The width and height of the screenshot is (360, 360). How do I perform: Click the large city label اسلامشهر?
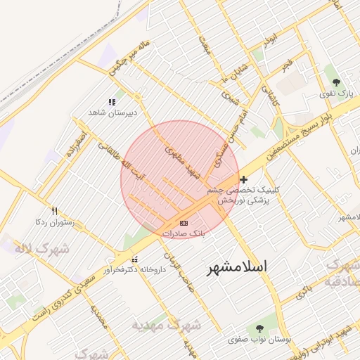tap(238, 267)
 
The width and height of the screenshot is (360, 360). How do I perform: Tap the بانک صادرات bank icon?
tap(184, 223)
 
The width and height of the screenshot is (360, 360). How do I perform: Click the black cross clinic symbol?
tap(244, 180)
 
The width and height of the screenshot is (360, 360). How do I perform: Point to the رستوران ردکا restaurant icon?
tap(55, 210)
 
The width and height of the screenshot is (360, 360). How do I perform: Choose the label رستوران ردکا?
tap(53, 221)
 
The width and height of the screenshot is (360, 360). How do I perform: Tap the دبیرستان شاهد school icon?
tap(112, 102)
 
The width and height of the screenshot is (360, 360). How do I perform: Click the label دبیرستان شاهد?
tap(112, 112)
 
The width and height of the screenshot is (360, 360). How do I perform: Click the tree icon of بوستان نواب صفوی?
tap(260, 328)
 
